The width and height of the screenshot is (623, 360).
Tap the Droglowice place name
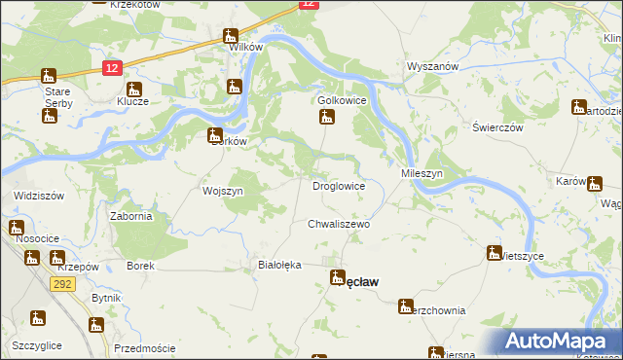tap(339, 185)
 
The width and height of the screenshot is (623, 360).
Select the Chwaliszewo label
tap(340, 224)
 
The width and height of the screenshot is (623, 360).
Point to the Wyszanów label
tap(432, 67)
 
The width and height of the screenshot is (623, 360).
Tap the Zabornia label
tap(131, 217)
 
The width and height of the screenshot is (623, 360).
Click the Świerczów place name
tap(498, 127)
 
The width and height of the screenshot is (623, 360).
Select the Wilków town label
tap(245, 47)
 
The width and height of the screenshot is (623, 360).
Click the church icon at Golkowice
tap(328, 118)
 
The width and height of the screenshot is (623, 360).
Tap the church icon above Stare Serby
tap(48, 76)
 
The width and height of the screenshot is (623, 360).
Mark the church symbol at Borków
tap(214, 135)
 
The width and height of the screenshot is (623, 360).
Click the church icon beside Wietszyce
tap(495, 253)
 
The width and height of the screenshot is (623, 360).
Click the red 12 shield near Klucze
tap(111, 66)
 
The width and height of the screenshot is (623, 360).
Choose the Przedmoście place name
tap(144, 348)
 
